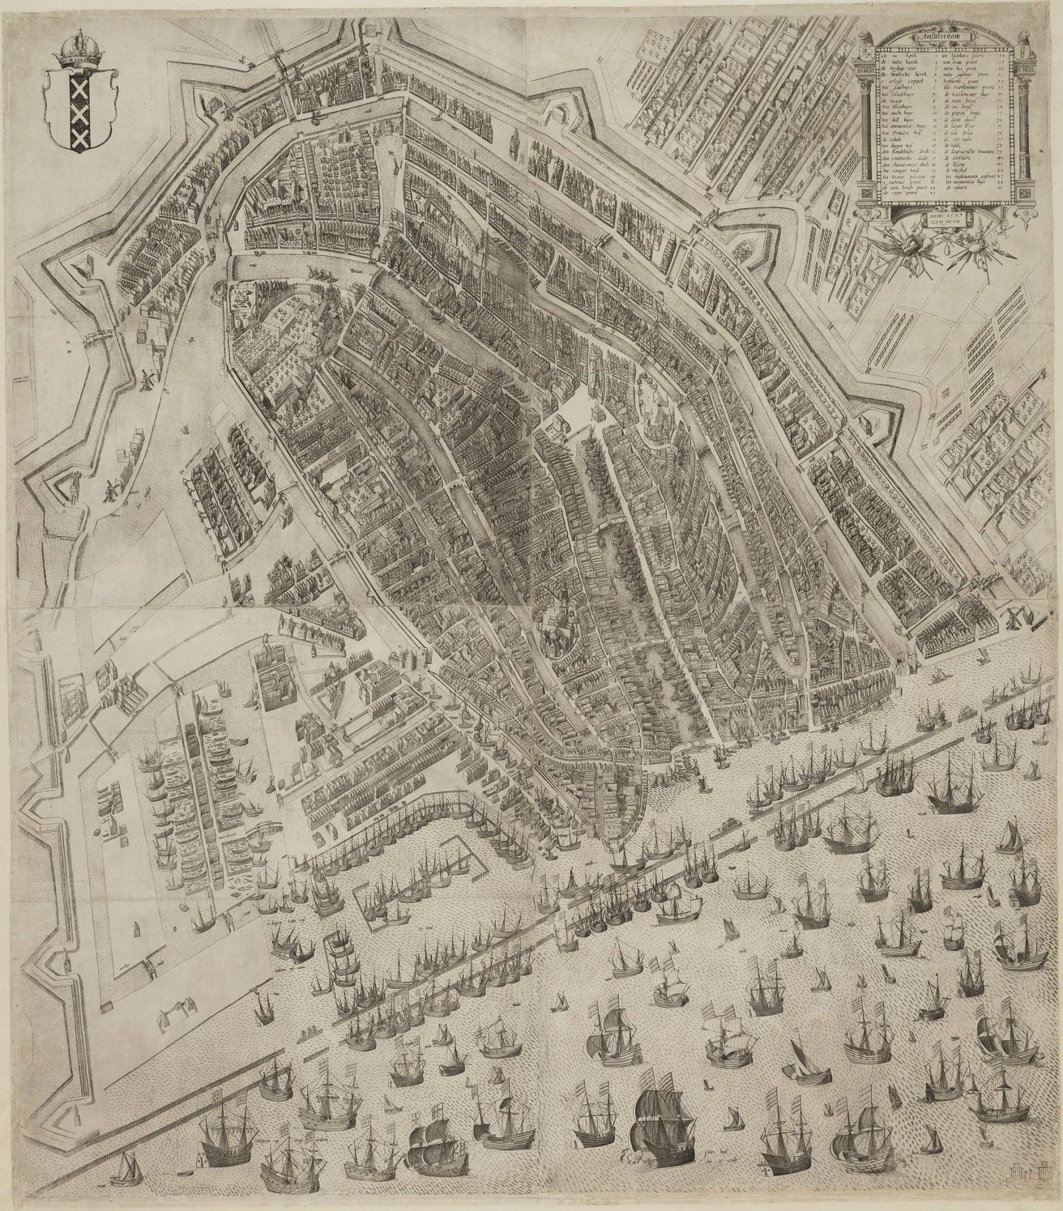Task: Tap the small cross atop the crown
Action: [x=77, y=29]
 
